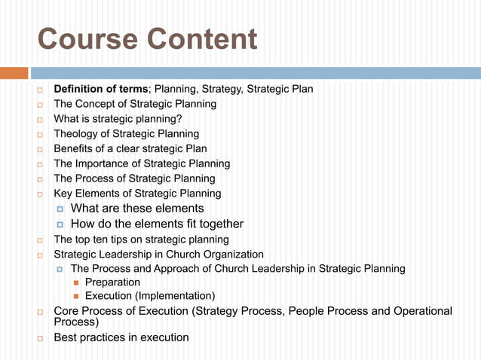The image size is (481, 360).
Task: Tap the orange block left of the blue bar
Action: click(x=14, y=73)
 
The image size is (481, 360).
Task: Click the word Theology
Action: click(x=78, y=134)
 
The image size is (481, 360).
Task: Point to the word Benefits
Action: click(x=75, y=148)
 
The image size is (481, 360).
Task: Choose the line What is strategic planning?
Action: click(x=118, y=119)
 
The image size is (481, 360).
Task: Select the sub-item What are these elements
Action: click(x=137, y=209)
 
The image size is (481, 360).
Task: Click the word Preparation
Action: click(x=112, y=282)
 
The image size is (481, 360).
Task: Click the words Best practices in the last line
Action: click(x=90, y=337)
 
